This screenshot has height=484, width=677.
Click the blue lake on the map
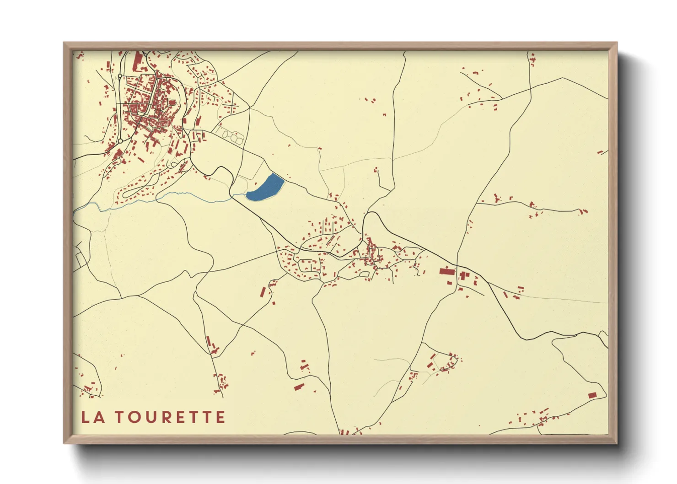(265, 187)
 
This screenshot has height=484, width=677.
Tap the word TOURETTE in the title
(170, 417)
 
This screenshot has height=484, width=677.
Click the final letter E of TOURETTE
(220, 417)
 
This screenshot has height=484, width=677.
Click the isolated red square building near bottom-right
(592, 395)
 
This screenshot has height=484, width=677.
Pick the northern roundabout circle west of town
(120, 76)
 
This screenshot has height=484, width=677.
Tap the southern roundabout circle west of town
(120, 141)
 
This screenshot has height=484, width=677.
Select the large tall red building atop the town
(137, 61)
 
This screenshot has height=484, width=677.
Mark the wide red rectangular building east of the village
(447, 271)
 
